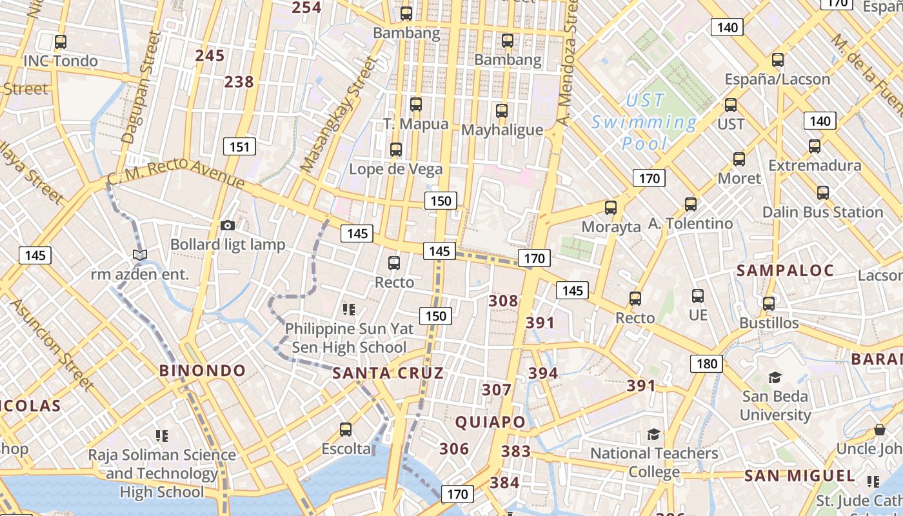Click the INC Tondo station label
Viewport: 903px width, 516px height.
(x=61, y=61)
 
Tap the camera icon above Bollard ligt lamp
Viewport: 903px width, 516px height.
(x=227, y=225)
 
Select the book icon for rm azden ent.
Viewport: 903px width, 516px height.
(x=140, y=255)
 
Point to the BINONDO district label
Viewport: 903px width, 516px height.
(x=203, y=371)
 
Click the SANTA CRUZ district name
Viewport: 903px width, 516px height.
(x=388, y=373)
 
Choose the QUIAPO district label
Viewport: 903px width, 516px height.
(x=490, y=422)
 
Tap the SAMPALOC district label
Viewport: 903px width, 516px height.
(x=785, y=271)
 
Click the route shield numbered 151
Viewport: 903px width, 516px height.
(x=239, y=147)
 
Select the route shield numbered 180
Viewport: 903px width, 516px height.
(x=706, y=364)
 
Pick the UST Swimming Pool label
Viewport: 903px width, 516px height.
(x=644, y=122)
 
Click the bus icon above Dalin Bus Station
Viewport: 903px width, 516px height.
(x=822, y=193)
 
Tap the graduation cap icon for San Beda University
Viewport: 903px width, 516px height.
(x=775, y=377)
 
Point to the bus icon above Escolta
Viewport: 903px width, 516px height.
(x=346, y=430)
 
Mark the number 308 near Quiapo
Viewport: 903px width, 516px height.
(x=503, y=301)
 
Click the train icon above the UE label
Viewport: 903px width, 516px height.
(x=697, y=296)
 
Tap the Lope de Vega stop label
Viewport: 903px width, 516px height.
(x=396, y=170)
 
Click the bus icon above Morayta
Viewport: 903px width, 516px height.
(x=611, y=208)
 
